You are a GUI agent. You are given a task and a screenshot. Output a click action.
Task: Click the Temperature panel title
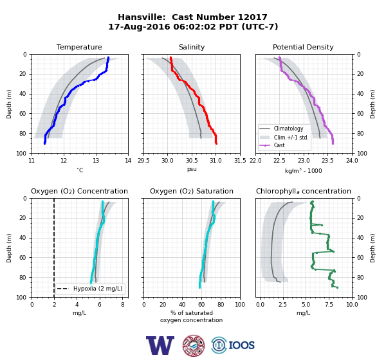point(79,47)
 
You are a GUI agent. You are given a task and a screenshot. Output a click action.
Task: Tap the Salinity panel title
point(192,47)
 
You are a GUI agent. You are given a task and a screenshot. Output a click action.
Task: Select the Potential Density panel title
point(303,47)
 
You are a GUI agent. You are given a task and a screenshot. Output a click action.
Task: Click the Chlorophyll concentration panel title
point(303,191)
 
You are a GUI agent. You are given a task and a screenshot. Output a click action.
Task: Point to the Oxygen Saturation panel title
point(192,191)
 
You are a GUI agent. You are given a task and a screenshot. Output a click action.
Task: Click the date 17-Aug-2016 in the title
point(139,26)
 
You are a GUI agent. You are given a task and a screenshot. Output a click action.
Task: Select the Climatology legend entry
point(288,129)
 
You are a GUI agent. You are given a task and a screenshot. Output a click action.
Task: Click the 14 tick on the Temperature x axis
point(128,161)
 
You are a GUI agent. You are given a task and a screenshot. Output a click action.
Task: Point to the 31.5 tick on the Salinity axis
point(240,161)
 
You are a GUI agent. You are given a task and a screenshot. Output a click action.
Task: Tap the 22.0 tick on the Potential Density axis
point(255,161)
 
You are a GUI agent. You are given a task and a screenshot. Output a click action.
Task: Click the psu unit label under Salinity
point(192,170)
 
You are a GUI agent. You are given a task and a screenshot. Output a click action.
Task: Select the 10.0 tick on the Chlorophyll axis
point(352,305)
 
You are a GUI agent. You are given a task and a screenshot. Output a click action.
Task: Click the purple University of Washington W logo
point(160,345)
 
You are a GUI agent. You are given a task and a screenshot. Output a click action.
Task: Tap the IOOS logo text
point(242,345)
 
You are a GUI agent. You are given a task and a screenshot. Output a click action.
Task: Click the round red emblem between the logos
point(194,345)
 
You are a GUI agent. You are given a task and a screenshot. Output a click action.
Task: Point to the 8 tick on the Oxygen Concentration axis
point(123,305)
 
